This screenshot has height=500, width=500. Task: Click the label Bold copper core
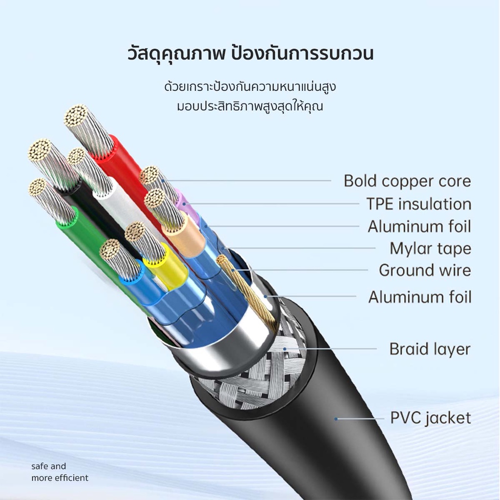[407, 181]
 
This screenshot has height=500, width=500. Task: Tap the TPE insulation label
[418, 204]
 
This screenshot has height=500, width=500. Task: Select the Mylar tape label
[430, 249]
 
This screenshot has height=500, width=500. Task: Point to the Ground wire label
[425, 270]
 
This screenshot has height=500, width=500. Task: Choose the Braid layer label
[430, 349]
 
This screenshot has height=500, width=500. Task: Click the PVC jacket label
[431, 418]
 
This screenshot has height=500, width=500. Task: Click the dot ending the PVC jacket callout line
[336, 418]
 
